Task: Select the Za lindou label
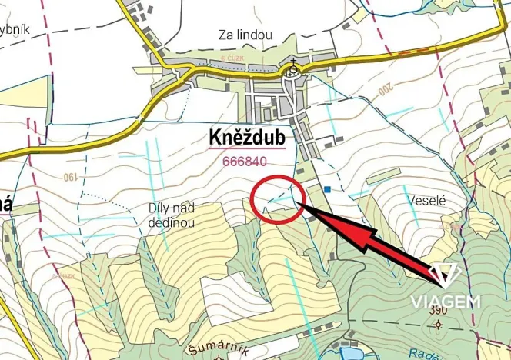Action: [245, 35]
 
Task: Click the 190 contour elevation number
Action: [72, 178]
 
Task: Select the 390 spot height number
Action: [439, 310]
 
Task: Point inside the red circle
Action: [275, 199]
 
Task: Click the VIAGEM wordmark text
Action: [445, 301]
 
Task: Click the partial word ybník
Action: [14, 29]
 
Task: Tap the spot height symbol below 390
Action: [439, 325]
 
